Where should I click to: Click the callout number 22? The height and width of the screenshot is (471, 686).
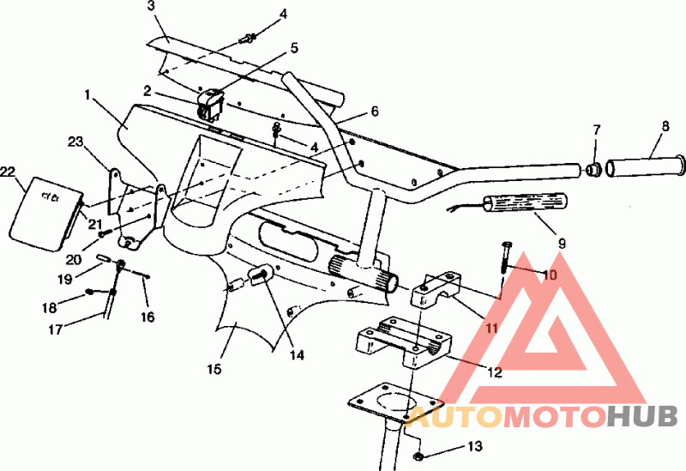tap(9, 172)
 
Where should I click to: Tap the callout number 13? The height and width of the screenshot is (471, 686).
tap(475, 446)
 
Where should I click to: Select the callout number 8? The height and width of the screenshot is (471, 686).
tap(665, 126)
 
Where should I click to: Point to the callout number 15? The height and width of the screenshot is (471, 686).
tap(214, 369)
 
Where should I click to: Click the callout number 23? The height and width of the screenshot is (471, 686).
tap(75, 142)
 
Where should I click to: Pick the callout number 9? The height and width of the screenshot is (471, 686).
tap(562, 244)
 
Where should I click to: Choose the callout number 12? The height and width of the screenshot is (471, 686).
tap(495, 372)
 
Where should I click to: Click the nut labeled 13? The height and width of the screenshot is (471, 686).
tap(418, 456)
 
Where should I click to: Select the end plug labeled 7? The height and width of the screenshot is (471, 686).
tap(593, 168)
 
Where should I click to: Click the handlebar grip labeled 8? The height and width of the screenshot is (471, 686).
tap(646, 165)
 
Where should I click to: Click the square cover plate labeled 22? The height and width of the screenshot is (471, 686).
tap(45, 214)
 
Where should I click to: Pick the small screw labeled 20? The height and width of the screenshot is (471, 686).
tap(102, 234)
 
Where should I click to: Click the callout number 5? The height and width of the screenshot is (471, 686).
tap(294, 48)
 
